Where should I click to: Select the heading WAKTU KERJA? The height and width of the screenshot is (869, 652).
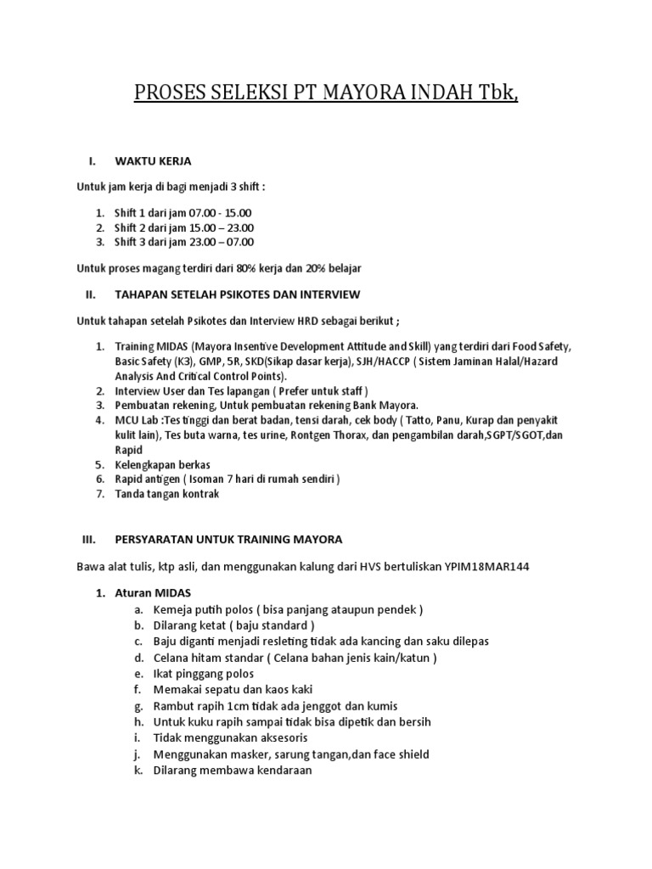click(153, 160)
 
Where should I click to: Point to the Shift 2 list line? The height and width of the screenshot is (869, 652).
click(184, 227)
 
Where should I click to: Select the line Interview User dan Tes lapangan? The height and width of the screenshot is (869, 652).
click(242, 390)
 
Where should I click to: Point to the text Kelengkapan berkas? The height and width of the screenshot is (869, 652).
click(162, 464)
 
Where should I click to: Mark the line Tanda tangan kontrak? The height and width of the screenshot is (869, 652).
click(166, 494)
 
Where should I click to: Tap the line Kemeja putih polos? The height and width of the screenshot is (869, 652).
click(288, 609)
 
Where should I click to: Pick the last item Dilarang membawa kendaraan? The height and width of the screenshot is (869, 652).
click(233, 770)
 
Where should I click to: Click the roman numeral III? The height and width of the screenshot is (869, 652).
click(90, 539)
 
